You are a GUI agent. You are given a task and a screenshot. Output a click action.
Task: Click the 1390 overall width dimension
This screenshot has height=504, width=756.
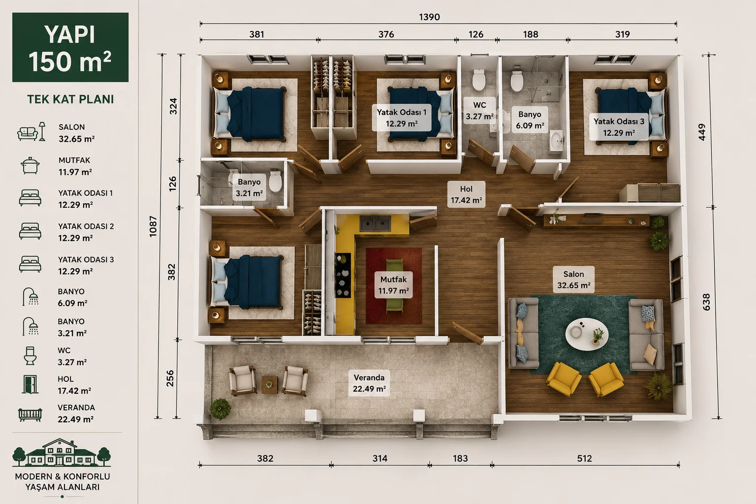(429, 17)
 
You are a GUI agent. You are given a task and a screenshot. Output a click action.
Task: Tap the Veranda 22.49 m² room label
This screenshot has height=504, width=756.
(369, 383)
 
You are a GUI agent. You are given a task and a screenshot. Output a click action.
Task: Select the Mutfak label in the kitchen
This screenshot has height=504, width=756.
(394, 280)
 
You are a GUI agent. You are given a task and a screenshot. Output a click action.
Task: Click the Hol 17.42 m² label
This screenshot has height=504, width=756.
(466, 194)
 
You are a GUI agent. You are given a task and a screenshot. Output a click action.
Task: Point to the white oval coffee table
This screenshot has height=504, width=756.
(587, 334)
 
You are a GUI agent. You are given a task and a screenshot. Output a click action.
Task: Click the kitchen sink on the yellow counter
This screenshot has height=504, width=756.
(376, 223)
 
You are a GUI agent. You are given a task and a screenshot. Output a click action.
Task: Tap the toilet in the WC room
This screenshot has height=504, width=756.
(478, 80)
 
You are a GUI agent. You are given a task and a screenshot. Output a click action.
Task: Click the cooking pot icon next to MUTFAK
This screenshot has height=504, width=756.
(31, 166)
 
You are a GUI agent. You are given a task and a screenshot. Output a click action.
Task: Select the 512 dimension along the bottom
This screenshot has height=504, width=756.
(584, 458)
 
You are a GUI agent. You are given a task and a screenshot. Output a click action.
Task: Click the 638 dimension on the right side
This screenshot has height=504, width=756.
(706, 302)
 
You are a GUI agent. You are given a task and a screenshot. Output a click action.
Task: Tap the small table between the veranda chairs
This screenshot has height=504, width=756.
(269, 385)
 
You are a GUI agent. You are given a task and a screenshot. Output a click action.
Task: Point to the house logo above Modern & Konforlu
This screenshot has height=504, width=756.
(62, 453)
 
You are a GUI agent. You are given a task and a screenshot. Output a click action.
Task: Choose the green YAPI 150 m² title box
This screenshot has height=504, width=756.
(70, 47)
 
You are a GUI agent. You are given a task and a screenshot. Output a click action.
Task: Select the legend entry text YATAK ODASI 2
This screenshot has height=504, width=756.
(86, 226)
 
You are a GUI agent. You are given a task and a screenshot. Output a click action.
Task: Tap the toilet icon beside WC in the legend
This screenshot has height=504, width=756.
(30, 356)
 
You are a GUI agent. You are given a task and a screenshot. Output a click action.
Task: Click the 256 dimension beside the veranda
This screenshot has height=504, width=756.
(170, 378)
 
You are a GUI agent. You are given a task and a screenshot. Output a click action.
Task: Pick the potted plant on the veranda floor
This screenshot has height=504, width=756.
(220, 409)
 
